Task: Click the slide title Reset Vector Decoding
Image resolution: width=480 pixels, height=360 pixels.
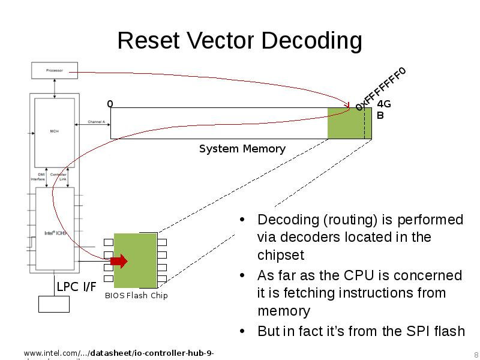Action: (239, 41)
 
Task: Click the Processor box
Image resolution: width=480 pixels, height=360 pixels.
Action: (55, 71)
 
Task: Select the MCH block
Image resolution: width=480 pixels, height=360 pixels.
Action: (55, 131)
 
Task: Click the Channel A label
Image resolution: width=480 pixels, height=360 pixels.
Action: (96, 122)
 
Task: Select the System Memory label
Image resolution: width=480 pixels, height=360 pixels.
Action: (242, 149)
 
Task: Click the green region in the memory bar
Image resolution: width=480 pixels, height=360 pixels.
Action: (346, 124)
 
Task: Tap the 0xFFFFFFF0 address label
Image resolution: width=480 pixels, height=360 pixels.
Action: (380, 89)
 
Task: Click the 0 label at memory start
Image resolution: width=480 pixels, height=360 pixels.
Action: (110, 104)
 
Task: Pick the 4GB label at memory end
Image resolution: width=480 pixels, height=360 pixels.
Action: (383, 109)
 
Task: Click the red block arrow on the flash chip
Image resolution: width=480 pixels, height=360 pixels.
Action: (119, 261)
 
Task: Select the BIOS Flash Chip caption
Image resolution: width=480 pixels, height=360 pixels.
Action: (136, 295)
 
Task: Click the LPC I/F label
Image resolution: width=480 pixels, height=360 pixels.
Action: (76, 287)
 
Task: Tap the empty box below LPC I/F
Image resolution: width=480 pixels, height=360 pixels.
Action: (54, 304)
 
